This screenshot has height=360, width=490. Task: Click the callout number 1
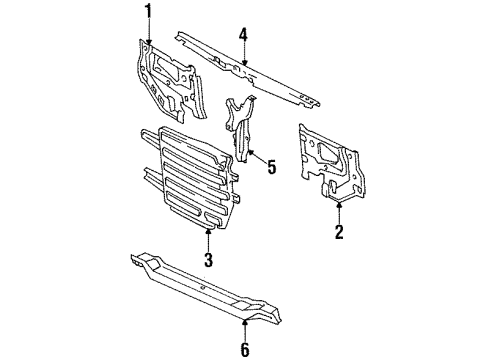point(148,12)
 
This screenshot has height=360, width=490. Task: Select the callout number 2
point(339,232)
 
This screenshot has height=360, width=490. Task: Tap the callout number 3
point(208,260)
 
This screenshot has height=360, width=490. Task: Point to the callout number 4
point(244,35)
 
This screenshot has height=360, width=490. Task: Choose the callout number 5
point(272,167)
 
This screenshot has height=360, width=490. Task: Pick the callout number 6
point(245,349)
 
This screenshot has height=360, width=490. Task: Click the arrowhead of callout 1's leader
point(148,41)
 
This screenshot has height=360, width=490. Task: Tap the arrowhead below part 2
point(339,205)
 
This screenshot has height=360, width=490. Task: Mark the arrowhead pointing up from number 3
point(209,231)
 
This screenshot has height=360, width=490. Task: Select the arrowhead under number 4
point(245,62)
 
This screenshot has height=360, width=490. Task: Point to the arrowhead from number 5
point(251,153)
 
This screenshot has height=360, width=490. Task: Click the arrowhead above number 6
point(245,322)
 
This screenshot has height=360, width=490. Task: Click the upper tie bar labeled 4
point(247,71)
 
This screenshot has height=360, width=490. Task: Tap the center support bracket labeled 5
point(241,128)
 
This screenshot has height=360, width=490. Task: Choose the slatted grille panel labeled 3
point(193,177)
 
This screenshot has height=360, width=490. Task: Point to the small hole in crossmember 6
point(202,287)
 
